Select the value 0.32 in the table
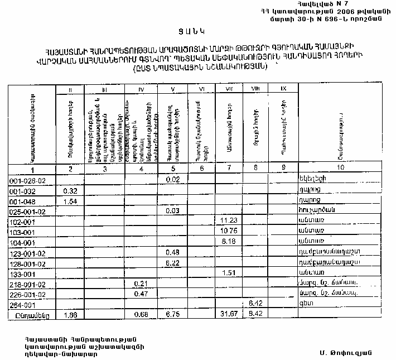click(70, 190)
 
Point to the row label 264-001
click(23, 304)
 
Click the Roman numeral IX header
click(283, 89)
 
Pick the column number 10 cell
click(340, 170)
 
